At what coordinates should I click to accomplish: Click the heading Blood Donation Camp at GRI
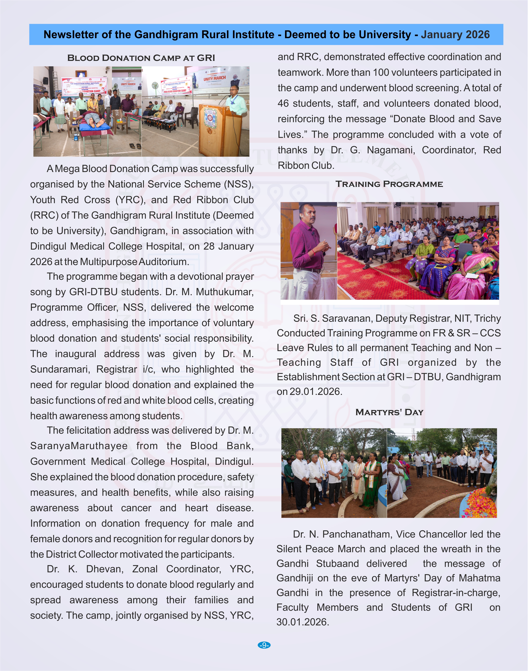tap(141, 58)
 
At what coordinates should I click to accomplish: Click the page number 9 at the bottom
tap(264, 645)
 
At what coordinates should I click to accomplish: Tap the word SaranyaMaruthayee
tap(79, 446)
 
